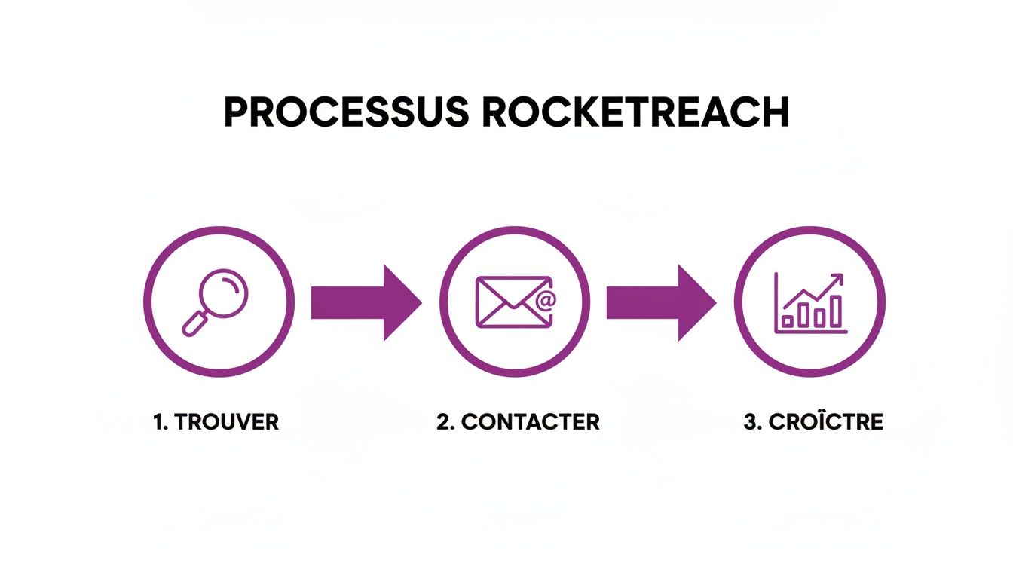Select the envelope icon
click(x=512, y=302)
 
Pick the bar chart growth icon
click(x=809, y=302)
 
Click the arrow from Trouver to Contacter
click(x=365, y=302)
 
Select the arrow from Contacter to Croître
click(x=660, y=302)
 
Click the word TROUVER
click(x=226, y=422)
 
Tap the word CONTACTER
click(x=531, y=422)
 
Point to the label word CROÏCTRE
click(x=825, y=422)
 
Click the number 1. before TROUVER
click(x=160, y=422)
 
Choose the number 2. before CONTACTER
click(x=446, y=422)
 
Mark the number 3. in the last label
click(x=752, y=422)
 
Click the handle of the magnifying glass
click(x=194, y=323)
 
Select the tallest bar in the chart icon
click(x=835, y=311)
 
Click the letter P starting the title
click(x=235, y=112)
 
